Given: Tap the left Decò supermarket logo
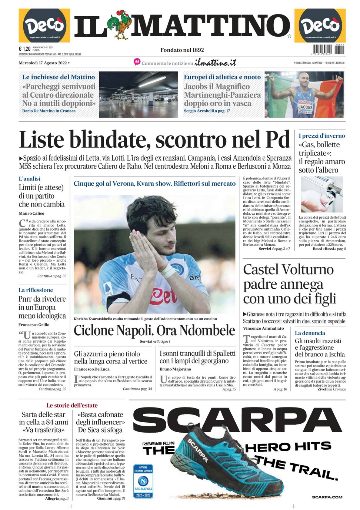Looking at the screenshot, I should [44, 26].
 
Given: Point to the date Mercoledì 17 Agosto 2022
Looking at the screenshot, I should [43, 63].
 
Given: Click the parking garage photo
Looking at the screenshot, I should [139, 94].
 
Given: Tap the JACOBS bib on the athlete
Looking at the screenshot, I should [305, 107].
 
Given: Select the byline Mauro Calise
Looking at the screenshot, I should [31, 213].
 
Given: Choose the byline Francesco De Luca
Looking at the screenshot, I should [91, 369].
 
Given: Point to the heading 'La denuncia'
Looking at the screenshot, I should [310, 333].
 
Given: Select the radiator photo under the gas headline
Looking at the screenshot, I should [321, 194].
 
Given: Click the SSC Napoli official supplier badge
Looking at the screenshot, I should [143, 481].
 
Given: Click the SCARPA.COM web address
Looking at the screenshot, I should [327, 497].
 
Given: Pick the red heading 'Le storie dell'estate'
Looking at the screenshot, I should [72, 405].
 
